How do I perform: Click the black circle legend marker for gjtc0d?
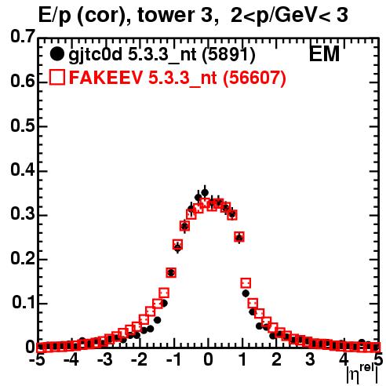pyautogui.click(x=56, y=54)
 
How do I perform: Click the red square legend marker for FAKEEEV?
pyautogui.click(x=56, y=78)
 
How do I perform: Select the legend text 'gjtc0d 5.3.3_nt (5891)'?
pyautogui.click(x=162, y=55)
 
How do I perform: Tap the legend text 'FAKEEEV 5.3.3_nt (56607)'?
pyautogui.click(x=178, y=78)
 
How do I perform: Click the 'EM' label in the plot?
pyautogui.click(x=324, y=53)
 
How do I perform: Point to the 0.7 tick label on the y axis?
pyautogui.click(x=23, y=36)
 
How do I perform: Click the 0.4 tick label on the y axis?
pyautogui.click(x=23, y=169)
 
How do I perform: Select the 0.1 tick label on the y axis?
pyautogui.click(x=24, y=302)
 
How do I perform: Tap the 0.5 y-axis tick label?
pyautogui.click(x=23, y=126)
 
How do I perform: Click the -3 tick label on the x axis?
pyautogui.click(x=105, y=359)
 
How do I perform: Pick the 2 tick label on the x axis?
pyautogui.click(x=276, y=359)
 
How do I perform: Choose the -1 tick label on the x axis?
pyautogui.click(x=173, y=359)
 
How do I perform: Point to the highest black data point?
pyautogui.click(x=205, y=193)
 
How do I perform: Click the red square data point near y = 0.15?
pyautogui.click(x=246, y=283)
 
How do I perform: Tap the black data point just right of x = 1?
pyautogui.click(x=246, y=293)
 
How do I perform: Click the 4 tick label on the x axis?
pyautogui.click(x=344, y=359)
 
